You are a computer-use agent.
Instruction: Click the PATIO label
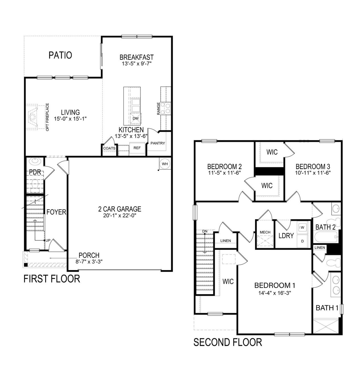click(x=60, y=55)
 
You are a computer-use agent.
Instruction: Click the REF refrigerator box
click(x=137, y=148)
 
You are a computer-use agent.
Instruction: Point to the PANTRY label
click(x=158, y=143)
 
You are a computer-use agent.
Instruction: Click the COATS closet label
click(x=109, y=148)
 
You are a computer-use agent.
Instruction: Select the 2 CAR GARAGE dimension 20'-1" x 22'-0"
click(x=120, y=216)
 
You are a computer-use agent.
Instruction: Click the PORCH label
click(x=89, y=255)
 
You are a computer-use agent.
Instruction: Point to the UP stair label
click(x=48, y=240)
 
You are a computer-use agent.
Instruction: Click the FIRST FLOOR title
click(x=51, y=279)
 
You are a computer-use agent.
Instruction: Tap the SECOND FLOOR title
click(x=227, y=342)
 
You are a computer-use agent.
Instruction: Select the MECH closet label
click(x=265, y=232)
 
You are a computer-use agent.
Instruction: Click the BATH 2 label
click(x=325, y=227)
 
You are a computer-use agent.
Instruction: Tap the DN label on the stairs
click(x=205, y=231)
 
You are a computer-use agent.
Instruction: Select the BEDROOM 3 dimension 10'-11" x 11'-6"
click(x=313, y=172)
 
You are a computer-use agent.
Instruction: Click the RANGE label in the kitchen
click(x=158, y=109)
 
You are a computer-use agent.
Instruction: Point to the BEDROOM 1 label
click(x=274, y=285)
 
